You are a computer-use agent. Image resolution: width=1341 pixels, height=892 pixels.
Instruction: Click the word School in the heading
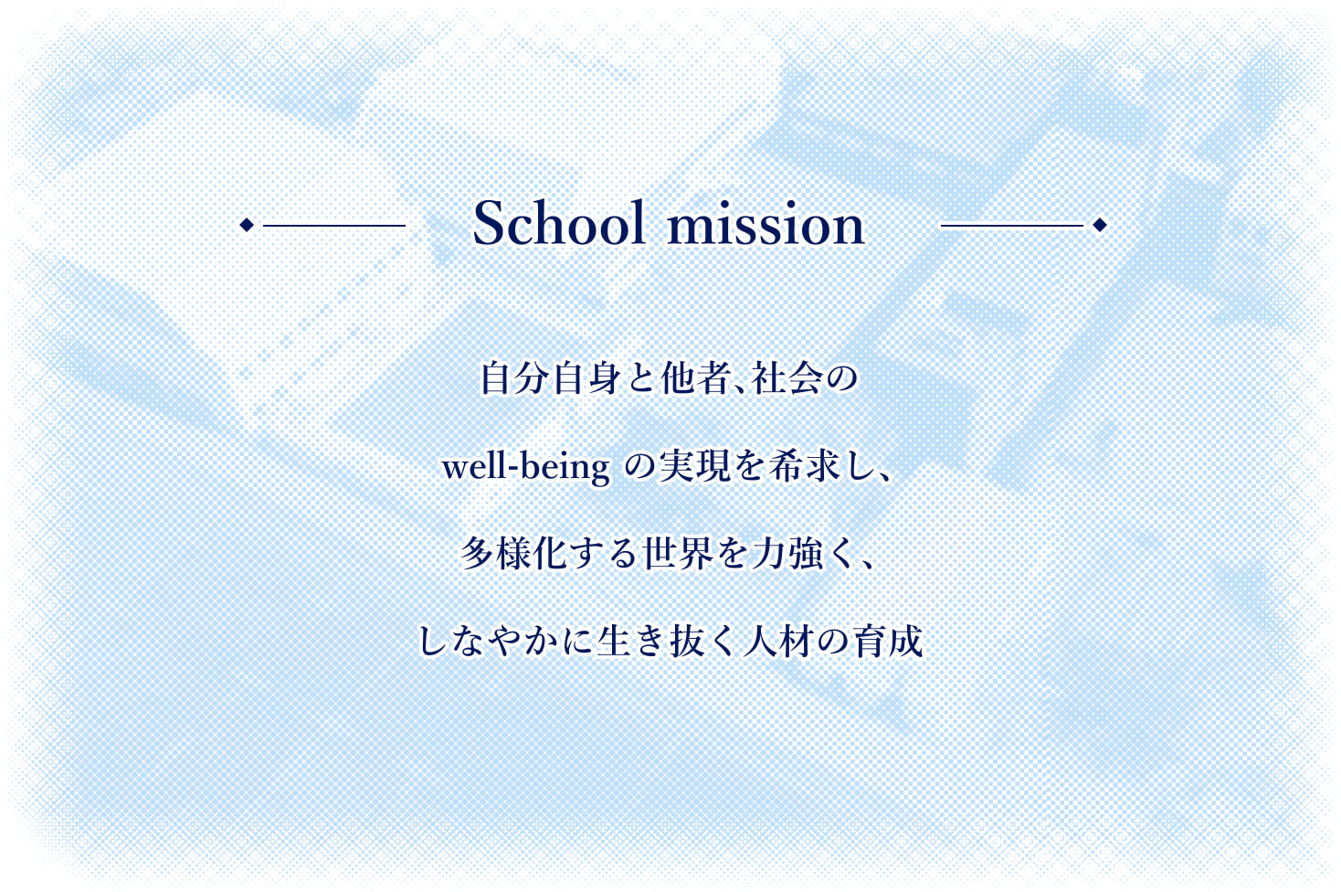pos(559,223)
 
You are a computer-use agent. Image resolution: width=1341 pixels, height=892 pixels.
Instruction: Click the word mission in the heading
pos(766,223)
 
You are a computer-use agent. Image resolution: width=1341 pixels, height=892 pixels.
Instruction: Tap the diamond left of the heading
pos(247,225)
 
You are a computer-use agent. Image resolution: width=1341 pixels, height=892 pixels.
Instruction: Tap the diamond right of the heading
pos(1099,225)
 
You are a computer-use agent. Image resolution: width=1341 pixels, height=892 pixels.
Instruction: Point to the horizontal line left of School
pos(334,226)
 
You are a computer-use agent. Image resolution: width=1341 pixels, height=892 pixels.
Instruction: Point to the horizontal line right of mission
pos(1012,226)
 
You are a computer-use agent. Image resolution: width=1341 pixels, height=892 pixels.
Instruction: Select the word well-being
pos(526,468)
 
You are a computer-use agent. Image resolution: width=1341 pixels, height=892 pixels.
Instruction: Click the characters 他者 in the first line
pos(695,378)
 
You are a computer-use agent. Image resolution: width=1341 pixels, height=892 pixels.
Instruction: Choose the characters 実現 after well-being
pos(694,467)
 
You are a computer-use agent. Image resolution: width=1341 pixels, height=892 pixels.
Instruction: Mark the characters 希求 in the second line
pos(804,467)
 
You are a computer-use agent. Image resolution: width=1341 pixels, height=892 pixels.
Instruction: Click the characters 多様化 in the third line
pos(513,554)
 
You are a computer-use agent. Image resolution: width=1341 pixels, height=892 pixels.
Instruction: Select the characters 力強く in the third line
pos(805,554)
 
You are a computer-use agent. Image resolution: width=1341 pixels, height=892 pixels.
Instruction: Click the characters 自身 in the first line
pos(587,378)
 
